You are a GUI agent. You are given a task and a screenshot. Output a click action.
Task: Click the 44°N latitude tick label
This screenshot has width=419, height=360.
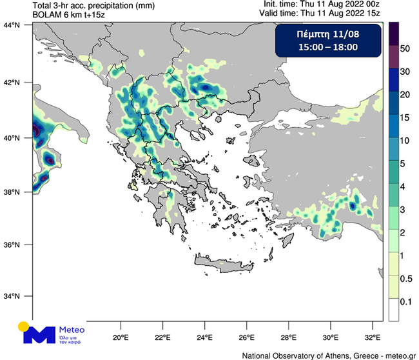[x=14, y=25]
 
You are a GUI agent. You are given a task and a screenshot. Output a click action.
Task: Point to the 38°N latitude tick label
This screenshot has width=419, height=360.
[x=14, y=192]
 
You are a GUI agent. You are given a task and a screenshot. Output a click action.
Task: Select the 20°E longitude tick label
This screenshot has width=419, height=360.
[x=121, y=337]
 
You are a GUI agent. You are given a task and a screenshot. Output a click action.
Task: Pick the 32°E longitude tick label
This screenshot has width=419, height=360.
[x=373, y=337]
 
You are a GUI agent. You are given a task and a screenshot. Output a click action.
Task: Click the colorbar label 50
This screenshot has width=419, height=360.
[x=405, y=48]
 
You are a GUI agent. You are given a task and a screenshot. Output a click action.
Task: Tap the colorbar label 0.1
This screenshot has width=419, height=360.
[x=406, y=301]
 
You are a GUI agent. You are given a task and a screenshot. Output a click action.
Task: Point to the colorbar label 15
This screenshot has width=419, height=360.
[x=405, y=117]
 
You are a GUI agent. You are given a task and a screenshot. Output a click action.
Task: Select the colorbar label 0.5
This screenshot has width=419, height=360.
[x=406, y=278]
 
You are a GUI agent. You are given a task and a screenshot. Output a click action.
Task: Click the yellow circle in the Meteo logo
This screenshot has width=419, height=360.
[x=24, y=327]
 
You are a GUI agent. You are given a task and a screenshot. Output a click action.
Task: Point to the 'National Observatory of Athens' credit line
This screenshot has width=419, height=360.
[x=329, y=355]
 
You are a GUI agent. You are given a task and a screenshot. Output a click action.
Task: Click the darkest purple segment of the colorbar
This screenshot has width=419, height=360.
[x=393, y=32]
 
